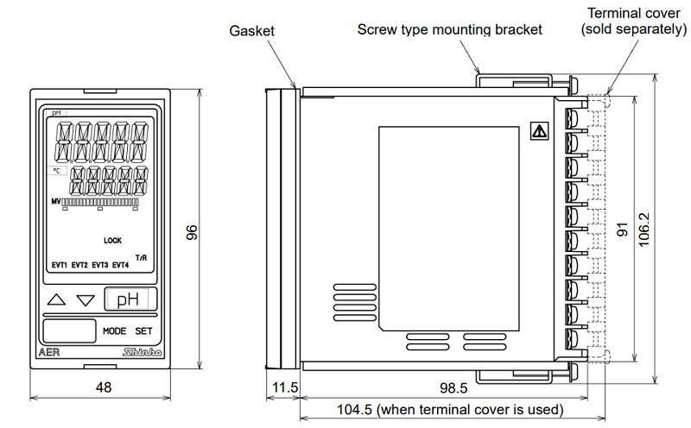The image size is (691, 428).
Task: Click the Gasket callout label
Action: [251, 31]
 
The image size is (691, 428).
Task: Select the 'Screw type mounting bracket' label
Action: [450, 29]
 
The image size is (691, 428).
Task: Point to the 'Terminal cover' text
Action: [632, 15]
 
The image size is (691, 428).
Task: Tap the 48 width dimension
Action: [103, 388]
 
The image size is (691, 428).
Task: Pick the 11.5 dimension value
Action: [283, 388]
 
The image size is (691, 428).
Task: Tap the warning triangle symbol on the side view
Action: [539, 132]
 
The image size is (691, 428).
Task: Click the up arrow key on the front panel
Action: [57, 300]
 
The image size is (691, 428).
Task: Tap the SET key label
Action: [143, 330]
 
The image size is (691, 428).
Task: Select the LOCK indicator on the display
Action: [113, 241]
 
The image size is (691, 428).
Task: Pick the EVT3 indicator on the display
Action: [99, 265]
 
